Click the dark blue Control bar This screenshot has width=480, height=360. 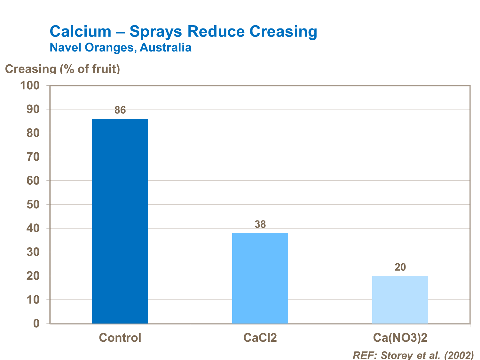[120, 221]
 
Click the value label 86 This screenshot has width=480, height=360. [120, 110]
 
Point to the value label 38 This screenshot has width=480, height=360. [260, 225]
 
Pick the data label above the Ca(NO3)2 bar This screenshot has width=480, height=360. [400, 267]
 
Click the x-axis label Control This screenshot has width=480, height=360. [120, 338]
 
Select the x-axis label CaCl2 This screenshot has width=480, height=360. [260, 338]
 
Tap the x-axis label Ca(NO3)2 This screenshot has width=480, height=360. [400, 338]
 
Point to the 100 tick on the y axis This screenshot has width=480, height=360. [30, 85]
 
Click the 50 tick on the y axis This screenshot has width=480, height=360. [33, 204]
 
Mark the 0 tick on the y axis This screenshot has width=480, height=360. [36, 324]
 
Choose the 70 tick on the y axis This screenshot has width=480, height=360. [33, 157]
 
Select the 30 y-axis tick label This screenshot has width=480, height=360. [33, 252]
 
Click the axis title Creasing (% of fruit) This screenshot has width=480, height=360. [63, 69]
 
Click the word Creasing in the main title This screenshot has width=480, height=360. [283, 32]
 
